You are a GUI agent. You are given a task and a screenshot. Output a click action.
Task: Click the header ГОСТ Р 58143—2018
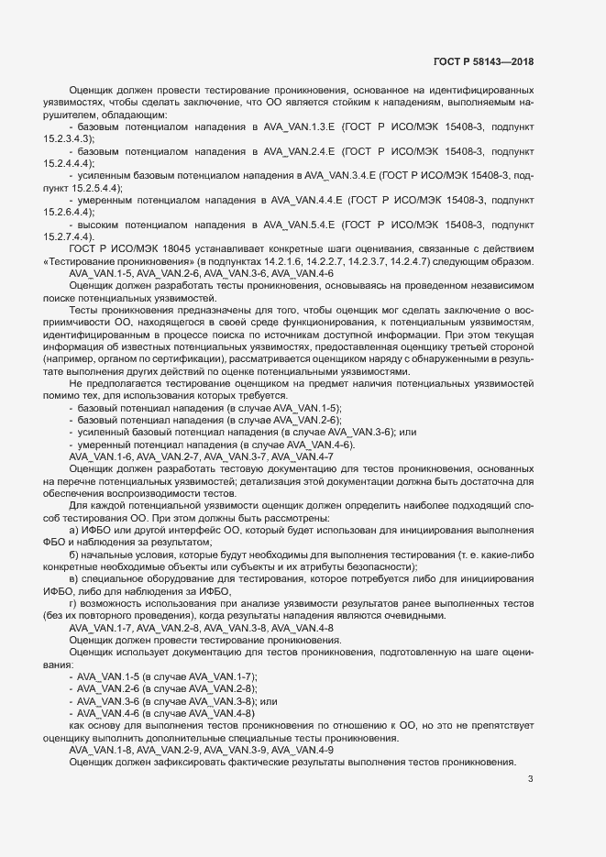tap(483, 61)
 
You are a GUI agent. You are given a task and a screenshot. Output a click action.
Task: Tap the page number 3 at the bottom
tap(531, 780)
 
